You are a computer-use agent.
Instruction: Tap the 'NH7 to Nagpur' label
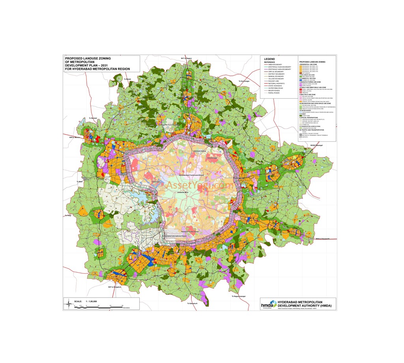[186, 58]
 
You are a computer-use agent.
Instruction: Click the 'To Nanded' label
[93, 118]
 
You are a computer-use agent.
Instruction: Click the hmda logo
[268, 303]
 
